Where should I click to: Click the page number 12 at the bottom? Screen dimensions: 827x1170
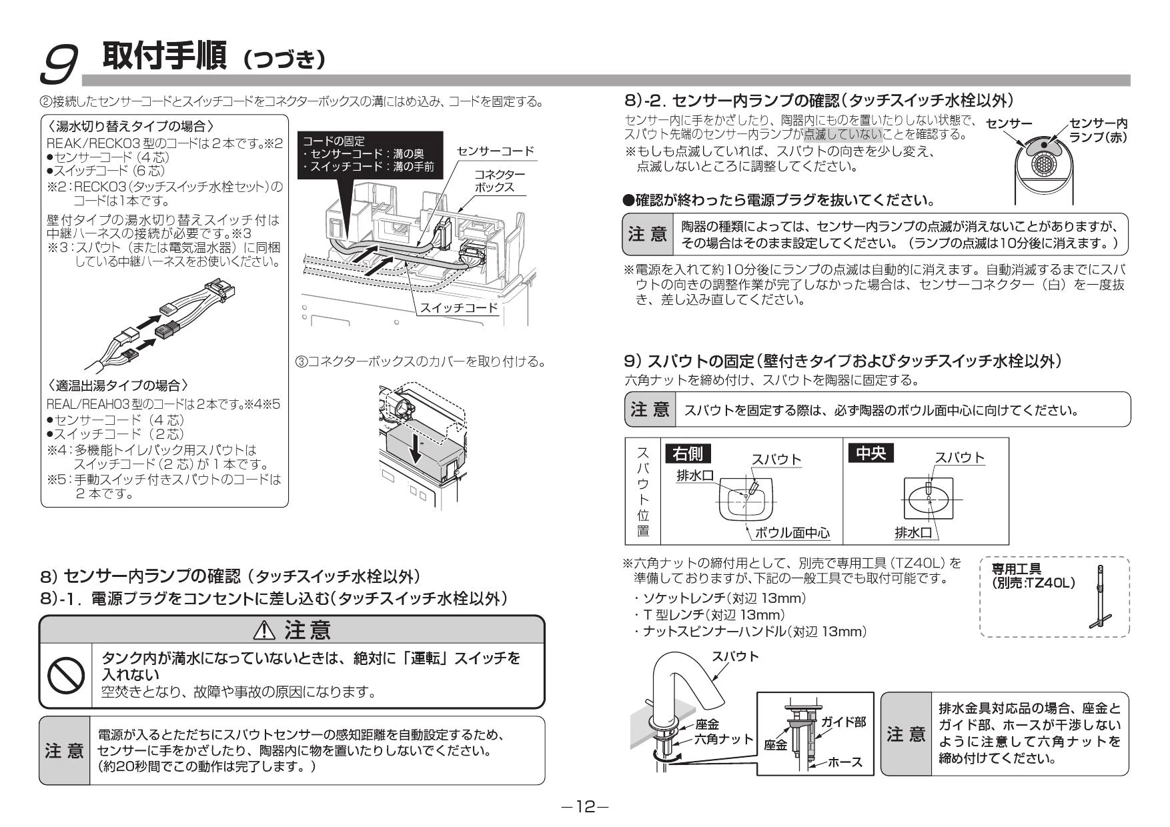(585, 807)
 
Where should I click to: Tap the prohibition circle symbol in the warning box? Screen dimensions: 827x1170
(66, 676)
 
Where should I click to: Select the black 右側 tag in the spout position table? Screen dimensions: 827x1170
(688, 454)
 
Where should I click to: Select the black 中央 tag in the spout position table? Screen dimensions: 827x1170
(870, 454)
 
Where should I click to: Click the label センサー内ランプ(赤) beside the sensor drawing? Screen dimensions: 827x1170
(1098, 130)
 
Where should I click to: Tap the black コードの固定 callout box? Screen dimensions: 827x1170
(369, 154)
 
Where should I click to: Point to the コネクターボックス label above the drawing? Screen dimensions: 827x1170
(500, 180)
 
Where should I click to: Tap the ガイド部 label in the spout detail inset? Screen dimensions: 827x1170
(844, 722)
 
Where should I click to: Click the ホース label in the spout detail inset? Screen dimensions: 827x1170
(845, 762)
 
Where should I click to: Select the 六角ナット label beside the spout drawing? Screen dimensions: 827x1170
(724, 738)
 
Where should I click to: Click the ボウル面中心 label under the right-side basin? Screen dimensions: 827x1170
(792, 532)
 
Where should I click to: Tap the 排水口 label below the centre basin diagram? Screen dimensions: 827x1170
(913, 532)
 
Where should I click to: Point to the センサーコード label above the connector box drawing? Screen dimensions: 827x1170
(496, 151)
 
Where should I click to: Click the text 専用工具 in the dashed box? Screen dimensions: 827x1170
(1017, 569)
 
